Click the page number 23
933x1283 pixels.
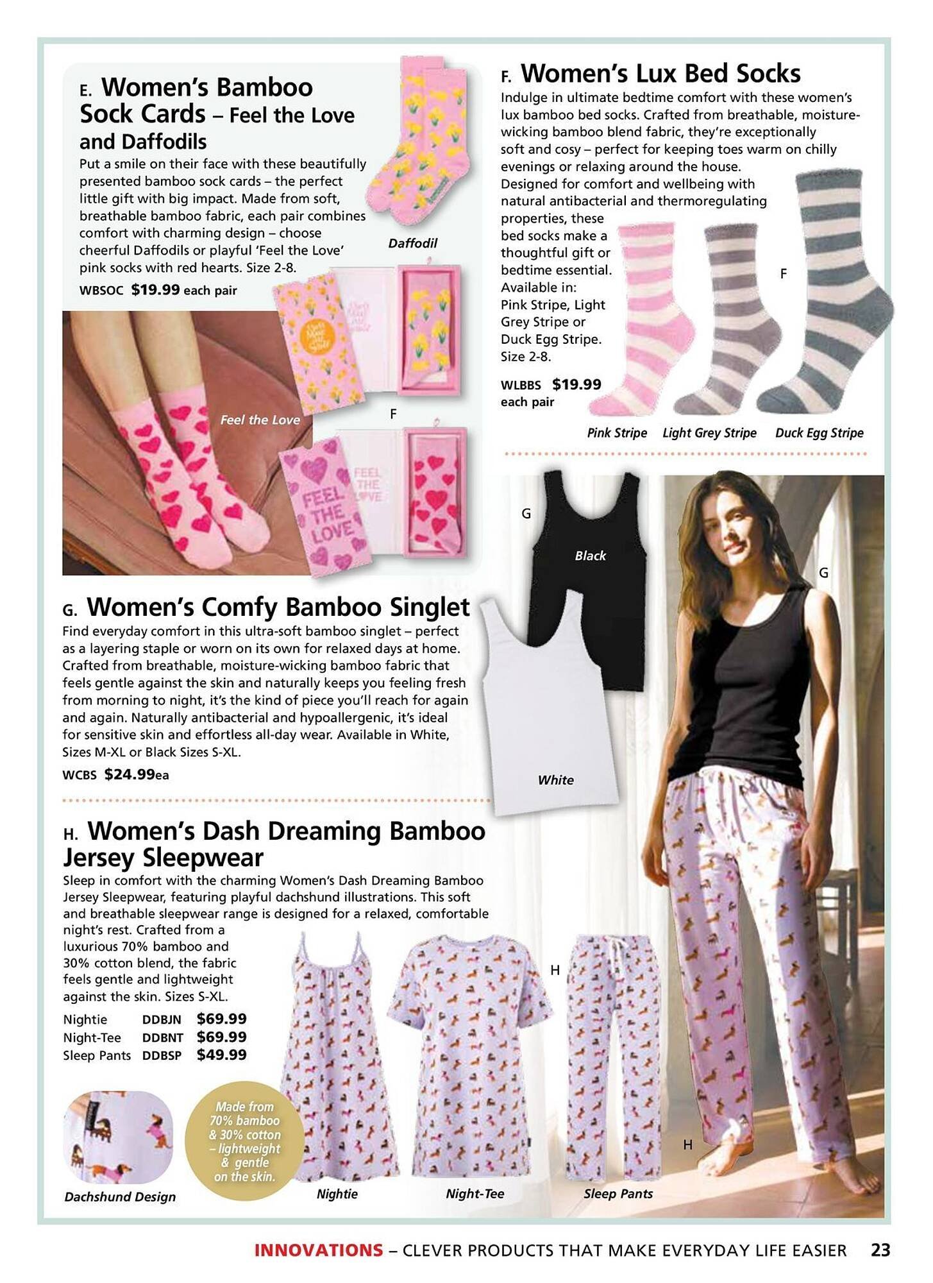[x=880, y=1250]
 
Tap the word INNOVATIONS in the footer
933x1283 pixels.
[x=318, y=1250]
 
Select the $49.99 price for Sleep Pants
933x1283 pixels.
[x=221, y=1055]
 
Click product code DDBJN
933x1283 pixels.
[x=162, y=1019]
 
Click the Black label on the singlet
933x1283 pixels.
[x=590, y=556]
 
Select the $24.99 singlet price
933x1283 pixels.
[x=130, y=774]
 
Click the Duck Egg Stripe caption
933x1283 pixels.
[x=819, y=433]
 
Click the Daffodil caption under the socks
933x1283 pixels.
[x=412, y=243]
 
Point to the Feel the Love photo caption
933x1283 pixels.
[x=260, y=420]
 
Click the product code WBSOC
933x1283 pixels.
[x=101, y=290]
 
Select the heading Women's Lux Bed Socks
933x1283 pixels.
[x=660, y=74]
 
